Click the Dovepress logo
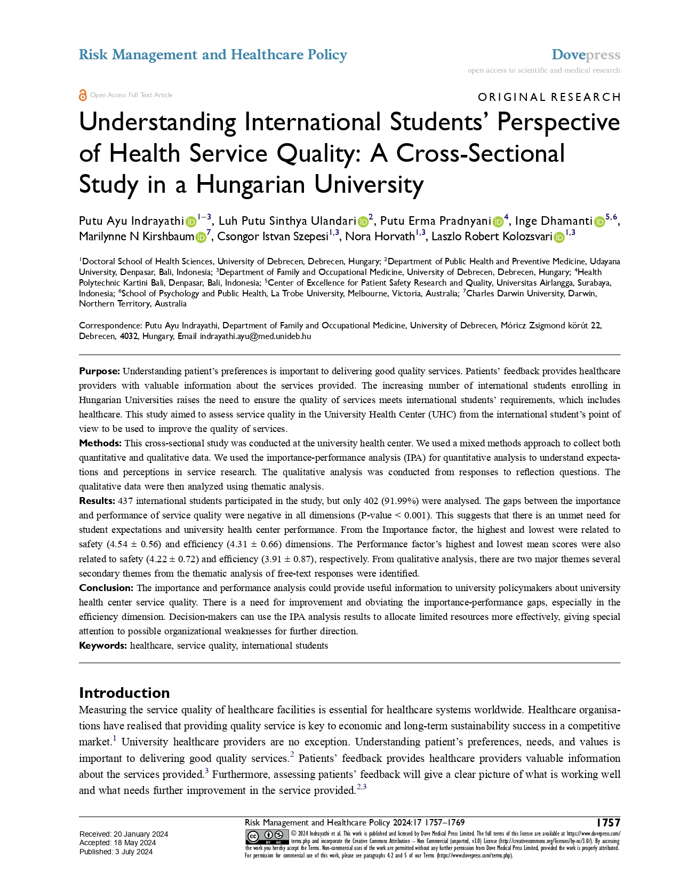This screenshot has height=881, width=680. tap(586, 55)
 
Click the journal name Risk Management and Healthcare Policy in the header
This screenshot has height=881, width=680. tap(213, 55)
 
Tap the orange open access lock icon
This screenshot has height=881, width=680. tap(83, 95)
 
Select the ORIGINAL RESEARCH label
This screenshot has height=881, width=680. tap(549, 97)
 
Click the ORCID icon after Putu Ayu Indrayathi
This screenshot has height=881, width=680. tap(191, 222)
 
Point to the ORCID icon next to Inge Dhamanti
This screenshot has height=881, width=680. tap(599, 222)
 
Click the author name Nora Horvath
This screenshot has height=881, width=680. tap(380, 237)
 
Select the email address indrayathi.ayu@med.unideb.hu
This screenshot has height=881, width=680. tap(255, 336)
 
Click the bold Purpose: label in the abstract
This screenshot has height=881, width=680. tap(100, 371)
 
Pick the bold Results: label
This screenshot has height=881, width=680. tap(97, 501)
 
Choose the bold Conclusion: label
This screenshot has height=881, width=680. tap(106, 588)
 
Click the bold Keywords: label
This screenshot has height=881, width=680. tap(103, 646)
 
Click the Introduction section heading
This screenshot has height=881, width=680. tap(124, 693)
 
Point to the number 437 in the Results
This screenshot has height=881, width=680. tap(125, 501)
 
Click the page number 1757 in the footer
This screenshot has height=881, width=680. tap(608, 823)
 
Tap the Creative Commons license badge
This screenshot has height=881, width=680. tap(267, 837)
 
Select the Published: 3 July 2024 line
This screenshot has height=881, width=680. tap(116, 852)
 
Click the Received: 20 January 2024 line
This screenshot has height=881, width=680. tap(124, 834)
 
